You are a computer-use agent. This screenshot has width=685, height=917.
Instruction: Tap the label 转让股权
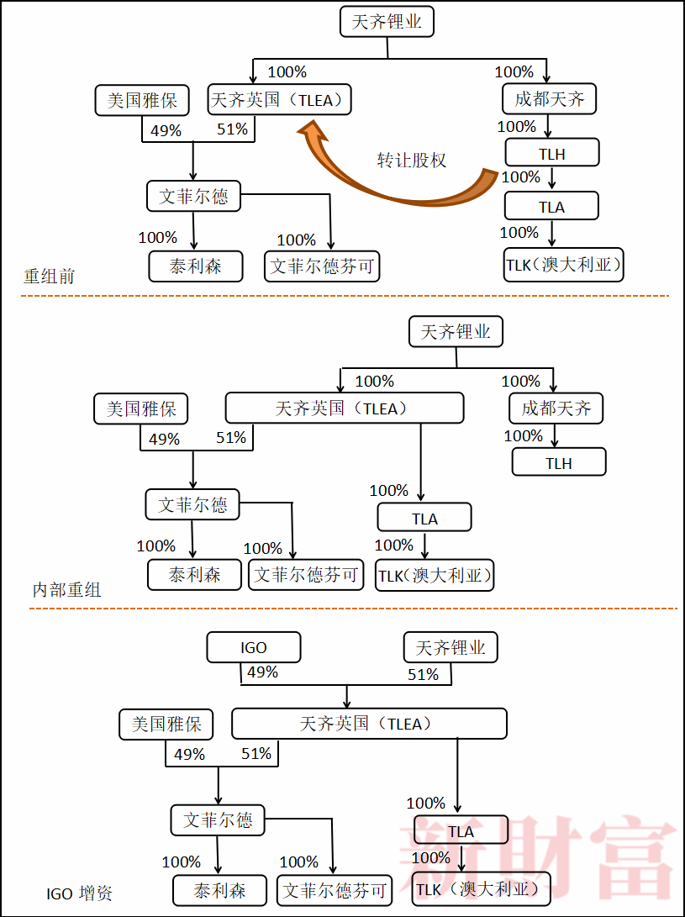[411, 160]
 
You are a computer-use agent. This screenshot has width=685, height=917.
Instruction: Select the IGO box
[254, 647]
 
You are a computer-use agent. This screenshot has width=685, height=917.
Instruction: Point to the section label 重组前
[49, 276]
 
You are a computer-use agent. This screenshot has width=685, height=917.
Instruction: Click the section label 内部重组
[66, 589]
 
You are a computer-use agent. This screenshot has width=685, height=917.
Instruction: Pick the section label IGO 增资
[79, 893]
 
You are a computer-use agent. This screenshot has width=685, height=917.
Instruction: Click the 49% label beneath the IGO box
[262, 672]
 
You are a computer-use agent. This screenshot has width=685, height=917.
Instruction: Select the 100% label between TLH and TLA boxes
[521, 177]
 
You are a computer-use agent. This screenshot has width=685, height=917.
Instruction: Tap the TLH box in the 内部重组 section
[558, 463]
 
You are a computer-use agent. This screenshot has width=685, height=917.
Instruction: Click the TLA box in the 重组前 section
[551, 207]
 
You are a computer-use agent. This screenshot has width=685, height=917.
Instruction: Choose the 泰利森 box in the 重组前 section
[196, 266]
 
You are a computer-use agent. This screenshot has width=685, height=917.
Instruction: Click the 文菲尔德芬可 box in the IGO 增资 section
[335, 890]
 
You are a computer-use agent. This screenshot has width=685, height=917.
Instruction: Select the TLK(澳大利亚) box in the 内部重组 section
[434, 576]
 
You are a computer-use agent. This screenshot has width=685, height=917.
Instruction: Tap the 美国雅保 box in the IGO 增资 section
[166, 724]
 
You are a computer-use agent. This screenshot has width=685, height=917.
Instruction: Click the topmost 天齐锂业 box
[387, 22]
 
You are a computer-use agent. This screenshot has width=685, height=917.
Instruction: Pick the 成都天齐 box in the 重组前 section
[549, 99]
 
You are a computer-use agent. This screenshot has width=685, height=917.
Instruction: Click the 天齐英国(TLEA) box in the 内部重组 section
[344, 408]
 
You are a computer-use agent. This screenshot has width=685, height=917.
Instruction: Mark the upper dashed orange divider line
[345, 296]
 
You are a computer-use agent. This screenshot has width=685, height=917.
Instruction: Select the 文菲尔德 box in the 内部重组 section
[192, 505]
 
